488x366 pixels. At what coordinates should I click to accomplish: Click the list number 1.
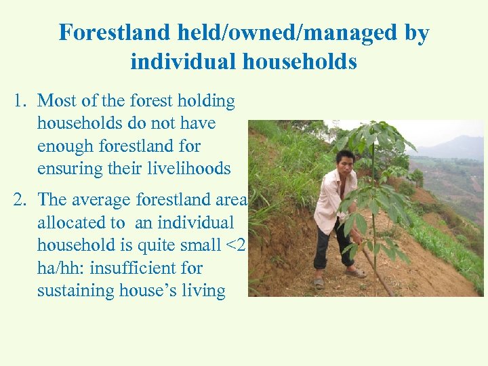(20, 101)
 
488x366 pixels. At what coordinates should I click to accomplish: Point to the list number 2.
(20, 200)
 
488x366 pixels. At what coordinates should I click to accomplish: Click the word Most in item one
(57, 101)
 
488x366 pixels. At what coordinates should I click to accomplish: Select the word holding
(206, 101)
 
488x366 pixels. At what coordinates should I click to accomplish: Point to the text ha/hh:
(61, 268)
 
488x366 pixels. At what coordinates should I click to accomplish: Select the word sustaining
(69, 290)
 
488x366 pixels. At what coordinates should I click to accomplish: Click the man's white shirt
(332, 200)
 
